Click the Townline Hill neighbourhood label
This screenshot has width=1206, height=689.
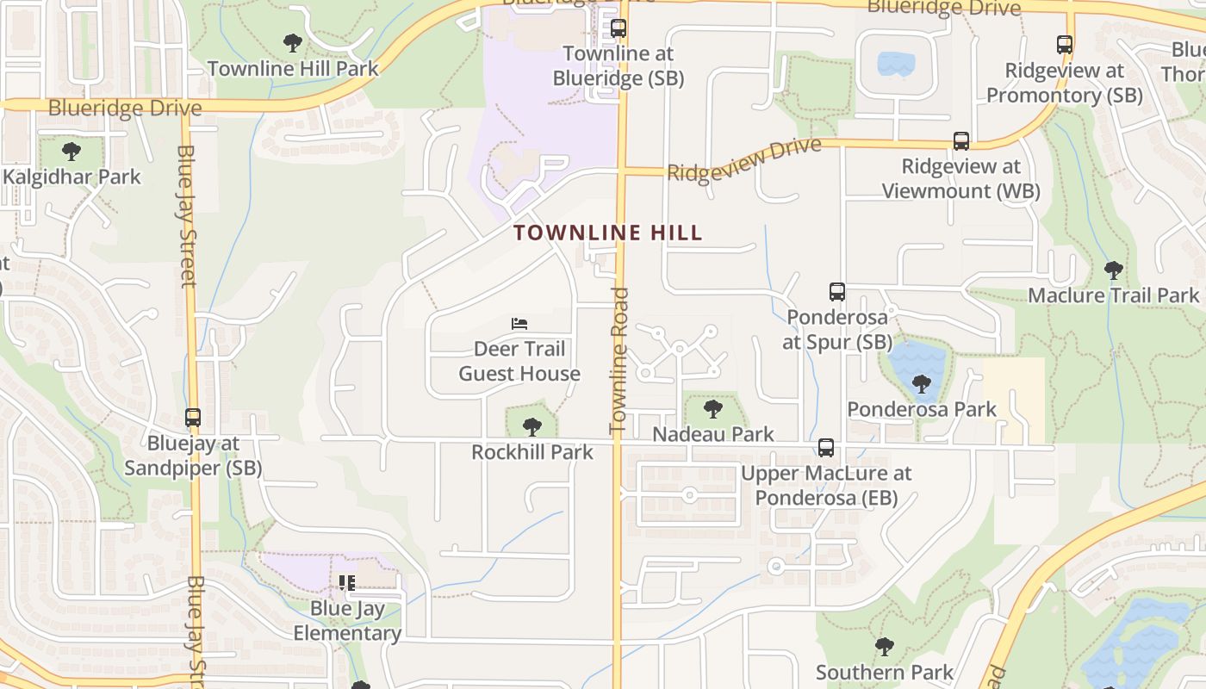tap(608, 233)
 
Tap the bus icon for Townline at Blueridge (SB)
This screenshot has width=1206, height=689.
tap(619, 28)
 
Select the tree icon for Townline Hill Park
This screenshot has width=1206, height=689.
tap(293, 42)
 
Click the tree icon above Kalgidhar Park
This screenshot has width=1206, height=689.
tap(71, 152)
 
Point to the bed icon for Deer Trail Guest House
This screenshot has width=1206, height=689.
tap(519, 324)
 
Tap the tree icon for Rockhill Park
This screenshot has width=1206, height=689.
tap(532, 426)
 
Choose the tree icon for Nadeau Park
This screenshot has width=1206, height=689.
tap(712, 408)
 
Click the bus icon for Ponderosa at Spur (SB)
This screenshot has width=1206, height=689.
tap(837, 292)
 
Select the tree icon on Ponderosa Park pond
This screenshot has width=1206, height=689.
tap(922, 383)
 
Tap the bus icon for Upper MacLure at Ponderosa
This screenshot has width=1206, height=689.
tap(826, 448)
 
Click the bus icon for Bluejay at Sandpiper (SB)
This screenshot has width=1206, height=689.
tap(193, 418)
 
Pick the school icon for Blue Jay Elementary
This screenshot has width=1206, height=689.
tap(347, 583)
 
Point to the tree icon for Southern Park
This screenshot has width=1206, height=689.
tap(884, 647)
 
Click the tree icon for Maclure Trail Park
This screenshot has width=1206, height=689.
tap(1114, 270)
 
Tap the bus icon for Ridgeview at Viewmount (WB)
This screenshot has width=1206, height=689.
tap(961, 141)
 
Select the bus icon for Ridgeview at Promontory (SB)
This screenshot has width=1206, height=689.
tap(1065, 45)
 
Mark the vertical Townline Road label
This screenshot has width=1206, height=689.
tap(619, 360)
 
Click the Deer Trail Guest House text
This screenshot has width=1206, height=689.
tap(519, 362)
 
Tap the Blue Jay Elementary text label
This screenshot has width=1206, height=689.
tap(347, 621)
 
